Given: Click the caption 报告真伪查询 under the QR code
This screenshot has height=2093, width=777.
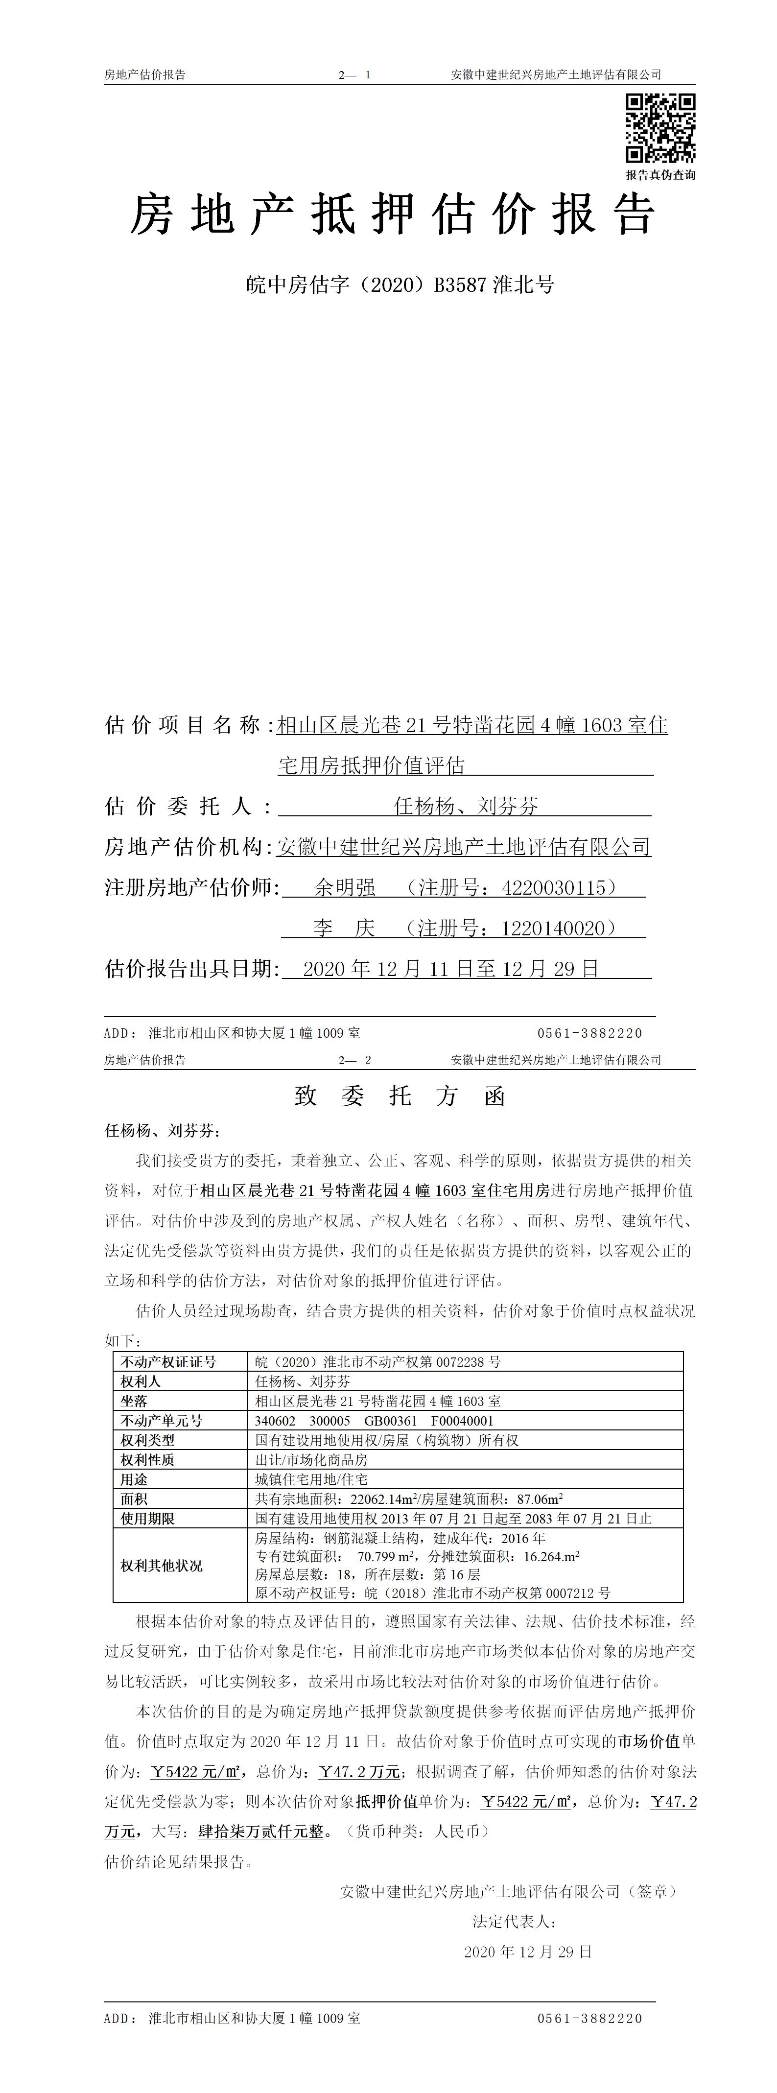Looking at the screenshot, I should [x=660, y=175].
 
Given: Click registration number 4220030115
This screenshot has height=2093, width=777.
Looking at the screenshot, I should [x=555, y=887].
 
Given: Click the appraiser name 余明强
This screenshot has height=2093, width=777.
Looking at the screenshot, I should [x=345, y=887].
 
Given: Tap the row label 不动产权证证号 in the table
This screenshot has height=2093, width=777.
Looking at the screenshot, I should [x=169, y=1362].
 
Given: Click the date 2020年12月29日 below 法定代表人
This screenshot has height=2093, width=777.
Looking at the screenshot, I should [x=528, y=1951].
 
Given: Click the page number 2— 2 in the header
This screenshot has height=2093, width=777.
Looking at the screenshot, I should [x=355, y=1060].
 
